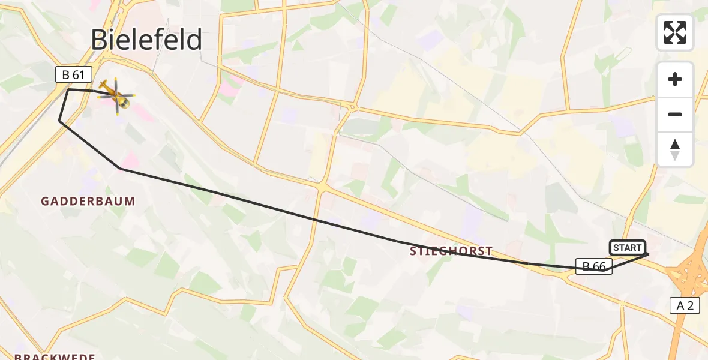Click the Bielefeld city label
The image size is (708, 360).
[x=146, y=40]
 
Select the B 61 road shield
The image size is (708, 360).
[x=74, y=74]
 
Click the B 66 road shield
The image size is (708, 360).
[x=594, y=266]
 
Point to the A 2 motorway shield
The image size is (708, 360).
[x=685, y=305]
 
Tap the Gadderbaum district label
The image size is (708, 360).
[x=88, y=202]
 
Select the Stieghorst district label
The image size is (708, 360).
[x=451, y=251]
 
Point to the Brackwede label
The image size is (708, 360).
[x=55, y=357]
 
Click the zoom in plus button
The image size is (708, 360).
[x=675, y=79]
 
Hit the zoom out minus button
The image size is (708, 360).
[x=675, y=114]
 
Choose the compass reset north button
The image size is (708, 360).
[x=675, y=149]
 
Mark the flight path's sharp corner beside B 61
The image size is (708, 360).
[x=68, y=89]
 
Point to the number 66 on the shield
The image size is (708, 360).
[x=599, y=266]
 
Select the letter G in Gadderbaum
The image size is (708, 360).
[x=44, y=202]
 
